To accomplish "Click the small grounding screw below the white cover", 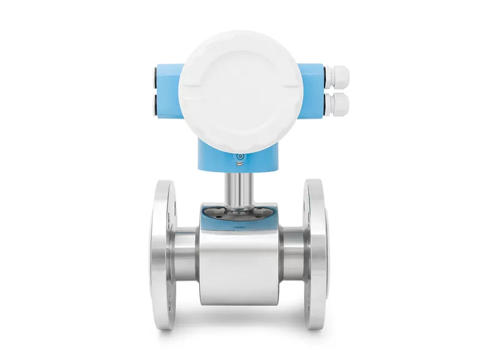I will pos(239,157).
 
